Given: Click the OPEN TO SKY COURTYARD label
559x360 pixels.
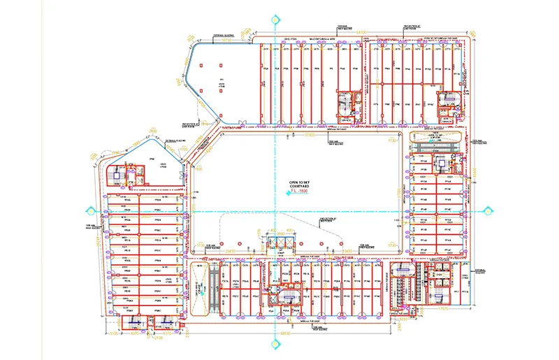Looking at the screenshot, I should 299,182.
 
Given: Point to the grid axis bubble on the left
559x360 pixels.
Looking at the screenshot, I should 89,211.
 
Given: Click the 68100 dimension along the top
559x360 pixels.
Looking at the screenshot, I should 361,33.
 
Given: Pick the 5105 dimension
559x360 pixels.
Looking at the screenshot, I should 113,334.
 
